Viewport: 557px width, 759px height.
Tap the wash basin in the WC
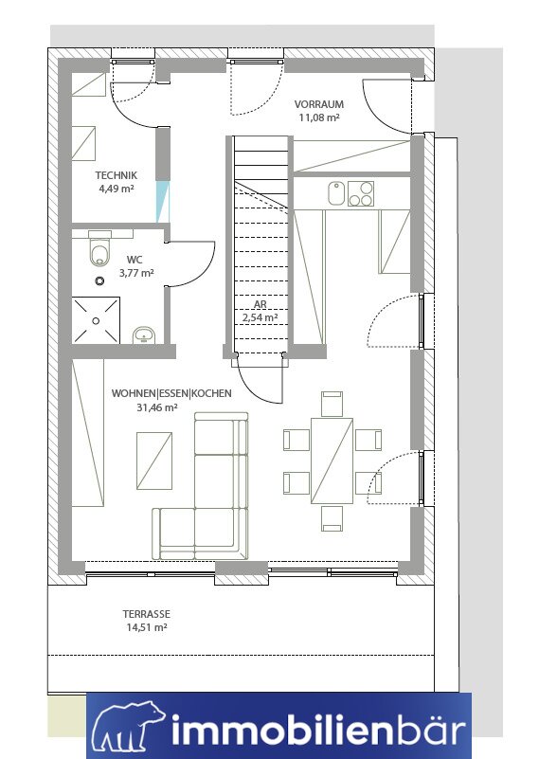143,335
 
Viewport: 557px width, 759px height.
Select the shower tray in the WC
96,320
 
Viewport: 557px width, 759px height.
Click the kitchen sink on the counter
336,193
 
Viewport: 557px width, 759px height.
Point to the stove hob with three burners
361,193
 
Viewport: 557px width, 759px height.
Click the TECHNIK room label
117,175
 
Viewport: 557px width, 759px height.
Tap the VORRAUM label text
319,104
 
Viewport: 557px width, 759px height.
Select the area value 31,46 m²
157,407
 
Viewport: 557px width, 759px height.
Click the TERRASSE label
146,614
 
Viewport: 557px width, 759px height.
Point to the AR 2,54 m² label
260,311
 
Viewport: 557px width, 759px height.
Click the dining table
332,461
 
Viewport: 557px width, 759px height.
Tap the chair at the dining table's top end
332,404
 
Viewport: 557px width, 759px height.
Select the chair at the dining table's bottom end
332,518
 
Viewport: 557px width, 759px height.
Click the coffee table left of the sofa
154,461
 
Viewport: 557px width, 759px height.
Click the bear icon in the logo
128,729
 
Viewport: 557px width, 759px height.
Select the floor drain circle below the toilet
100,280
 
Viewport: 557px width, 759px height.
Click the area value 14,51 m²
147,627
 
